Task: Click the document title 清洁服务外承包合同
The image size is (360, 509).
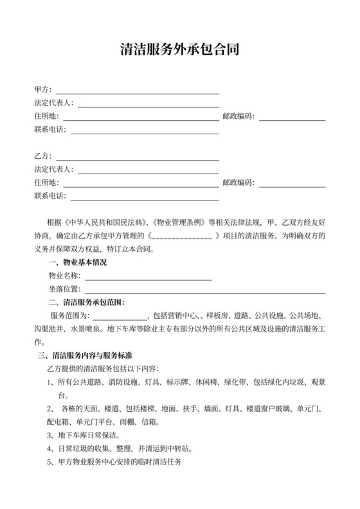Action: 180,49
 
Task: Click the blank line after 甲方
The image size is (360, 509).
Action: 138,91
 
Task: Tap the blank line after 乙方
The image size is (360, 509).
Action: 138,157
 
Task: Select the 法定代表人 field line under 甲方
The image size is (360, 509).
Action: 148,104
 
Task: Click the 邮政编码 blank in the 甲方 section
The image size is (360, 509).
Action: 292,118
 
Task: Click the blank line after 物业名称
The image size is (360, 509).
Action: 148,277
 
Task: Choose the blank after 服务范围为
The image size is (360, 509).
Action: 120,317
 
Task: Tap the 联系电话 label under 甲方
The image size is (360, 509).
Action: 50,130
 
